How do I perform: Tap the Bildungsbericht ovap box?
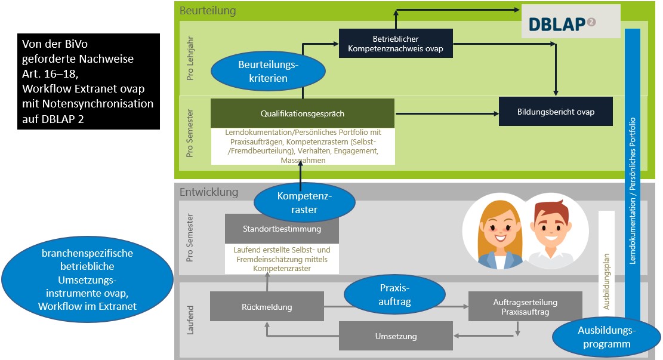coord(556,112)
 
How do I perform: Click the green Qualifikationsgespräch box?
coord(303,113)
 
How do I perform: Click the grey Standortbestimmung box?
coord(282,229)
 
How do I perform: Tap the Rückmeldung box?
coord(267,307)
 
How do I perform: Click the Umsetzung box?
coord(396,336)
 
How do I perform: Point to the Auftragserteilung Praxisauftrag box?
coord(525,307)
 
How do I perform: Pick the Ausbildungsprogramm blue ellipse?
coord(606,337)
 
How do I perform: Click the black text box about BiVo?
coord(88,81)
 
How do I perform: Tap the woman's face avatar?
coord(495,230)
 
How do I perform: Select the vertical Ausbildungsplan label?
coord(606,261)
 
